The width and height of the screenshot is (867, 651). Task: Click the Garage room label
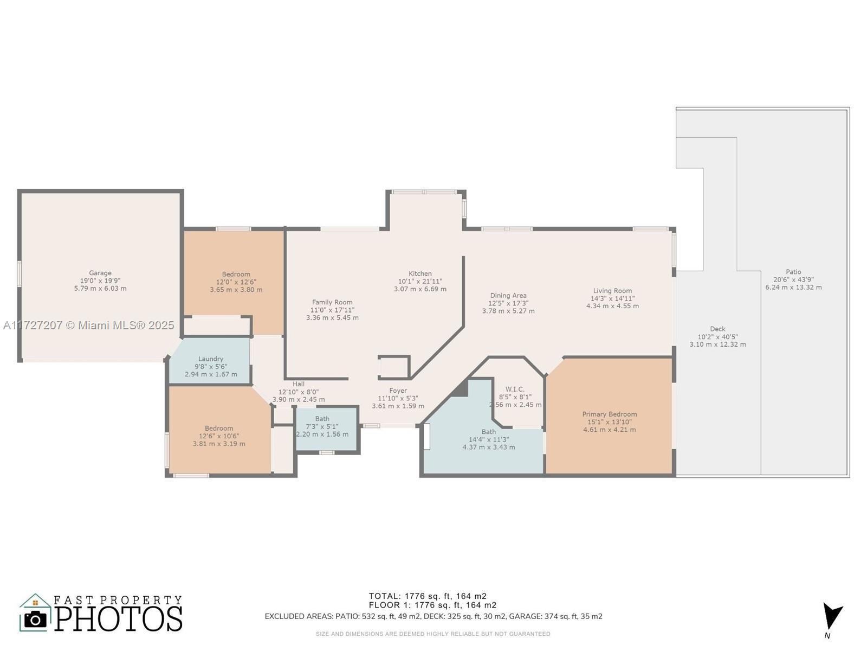(100, 273)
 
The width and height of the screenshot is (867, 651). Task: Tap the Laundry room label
(211, 359)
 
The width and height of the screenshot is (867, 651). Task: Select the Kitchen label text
(420, 273)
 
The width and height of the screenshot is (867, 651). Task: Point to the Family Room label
(332, 302)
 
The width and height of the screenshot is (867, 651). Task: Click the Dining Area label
(508, 295)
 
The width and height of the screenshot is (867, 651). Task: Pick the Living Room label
(612, 291)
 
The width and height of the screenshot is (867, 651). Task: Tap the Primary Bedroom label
(610, 414)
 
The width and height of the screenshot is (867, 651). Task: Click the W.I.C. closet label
(515, 390)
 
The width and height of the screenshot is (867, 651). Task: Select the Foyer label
(398, 391)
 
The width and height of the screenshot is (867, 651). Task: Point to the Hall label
(298, 384)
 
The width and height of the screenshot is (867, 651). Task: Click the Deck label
(717, 329)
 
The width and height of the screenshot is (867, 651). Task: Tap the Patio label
(793, 272)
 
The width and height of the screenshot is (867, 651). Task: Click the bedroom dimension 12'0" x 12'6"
(236, 282)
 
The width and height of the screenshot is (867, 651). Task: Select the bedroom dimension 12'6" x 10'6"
(219, 436)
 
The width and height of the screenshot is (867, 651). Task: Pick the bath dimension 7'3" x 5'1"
(322, 426)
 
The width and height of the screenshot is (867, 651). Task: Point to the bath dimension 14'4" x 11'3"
(489, 439)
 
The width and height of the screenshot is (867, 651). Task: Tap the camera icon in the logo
(35, 620)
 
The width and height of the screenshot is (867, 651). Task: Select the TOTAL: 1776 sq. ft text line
(428, 596)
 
